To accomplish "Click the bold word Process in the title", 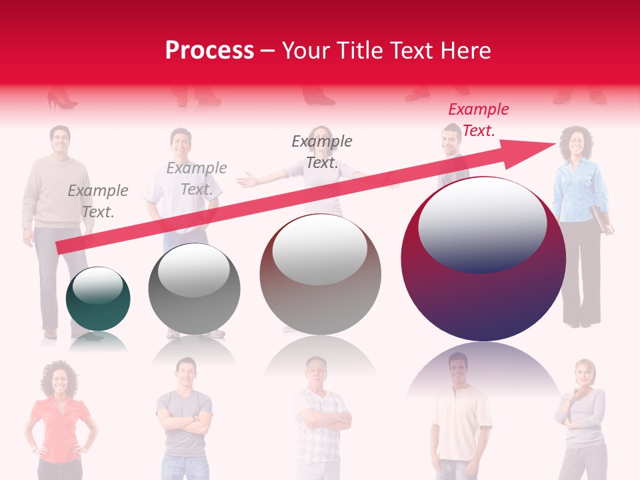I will pos(209,51).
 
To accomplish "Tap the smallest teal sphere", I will pos(98,299).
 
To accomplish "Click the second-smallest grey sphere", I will pos(194,289).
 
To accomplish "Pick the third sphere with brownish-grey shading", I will pos(321,274).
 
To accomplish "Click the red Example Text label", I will pos(478,120).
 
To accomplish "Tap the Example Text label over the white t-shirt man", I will pos(197,179).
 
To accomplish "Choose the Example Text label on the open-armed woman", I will pos(322,151).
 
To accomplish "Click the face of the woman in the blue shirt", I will pos(575,143).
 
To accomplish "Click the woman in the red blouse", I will pos(60,420).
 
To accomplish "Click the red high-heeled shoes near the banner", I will pos(61,101).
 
